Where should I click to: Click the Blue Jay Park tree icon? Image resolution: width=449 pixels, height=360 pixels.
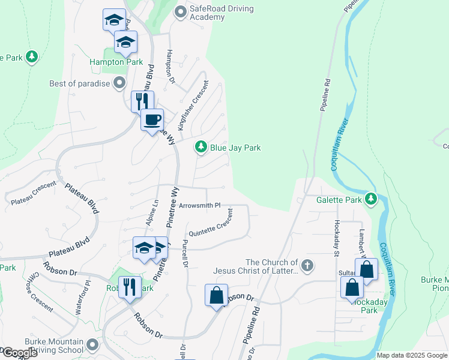click(x=200, y=147)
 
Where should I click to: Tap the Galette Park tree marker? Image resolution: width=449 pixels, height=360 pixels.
click(x=372, y=199)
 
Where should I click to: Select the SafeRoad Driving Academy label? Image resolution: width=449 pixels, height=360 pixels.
click(x=222, y=13)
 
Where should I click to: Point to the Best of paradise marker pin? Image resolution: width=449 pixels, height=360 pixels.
click(x=119, y=83)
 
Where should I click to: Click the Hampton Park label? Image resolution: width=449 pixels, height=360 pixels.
click(x=116, y=62)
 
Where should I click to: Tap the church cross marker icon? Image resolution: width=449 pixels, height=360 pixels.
click(x=307, y=265)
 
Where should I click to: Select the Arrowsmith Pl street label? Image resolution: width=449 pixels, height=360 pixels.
click(x=200, y=206)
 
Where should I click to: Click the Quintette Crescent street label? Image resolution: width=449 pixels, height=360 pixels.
click(x=210, y=227)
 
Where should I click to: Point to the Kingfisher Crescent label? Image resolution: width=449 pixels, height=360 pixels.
click(x=192, y=106)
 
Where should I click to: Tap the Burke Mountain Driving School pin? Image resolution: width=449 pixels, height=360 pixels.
click(x=91, y=345)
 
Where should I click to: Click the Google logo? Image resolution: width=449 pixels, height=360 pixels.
click(x=20, y=353)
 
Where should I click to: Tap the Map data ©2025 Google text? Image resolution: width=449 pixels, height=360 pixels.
click(x=411, y=355)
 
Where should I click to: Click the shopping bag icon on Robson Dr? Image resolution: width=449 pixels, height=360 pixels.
click(x=215, y=295)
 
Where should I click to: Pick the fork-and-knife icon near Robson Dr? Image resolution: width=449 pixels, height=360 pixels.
click(x=129, y=287)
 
